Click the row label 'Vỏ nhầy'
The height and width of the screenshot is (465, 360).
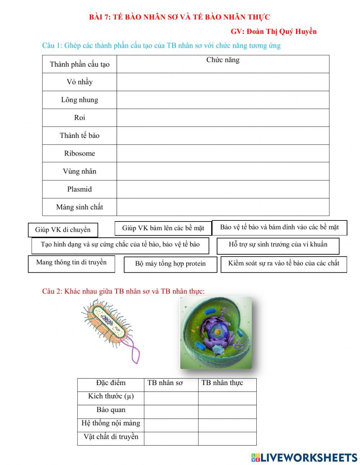[x=80, y=82]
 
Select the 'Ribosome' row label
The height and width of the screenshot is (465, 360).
[x=80, y=153]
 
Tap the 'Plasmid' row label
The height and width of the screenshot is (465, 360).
[x=80, y=189]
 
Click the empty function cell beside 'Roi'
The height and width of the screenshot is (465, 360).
[x=223, y=118]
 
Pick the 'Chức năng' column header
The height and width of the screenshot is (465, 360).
[x=223, y=60]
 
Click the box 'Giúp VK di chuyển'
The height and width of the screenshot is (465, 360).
[x=63, y=230]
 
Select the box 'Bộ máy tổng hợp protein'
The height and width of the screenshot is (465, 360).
[x=170, y=264]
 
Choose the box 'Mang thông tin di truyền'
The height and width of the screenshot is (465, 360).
[x=71, y=263]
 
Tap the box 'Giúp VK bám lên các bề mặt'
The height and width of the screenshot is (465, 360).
[x=163, y=228]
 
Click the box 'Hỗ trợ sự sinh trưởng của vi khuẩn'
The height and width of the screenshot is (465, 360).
[x=278, y=245]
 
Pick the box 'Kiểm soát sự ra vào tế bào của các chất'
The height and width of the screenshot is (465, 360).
[x=284, y=264]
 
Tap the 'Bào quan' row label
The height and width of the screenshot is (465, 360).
[x=111, y=410]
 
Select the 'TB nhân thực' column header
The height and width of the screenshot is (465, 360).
[x=222, y=383]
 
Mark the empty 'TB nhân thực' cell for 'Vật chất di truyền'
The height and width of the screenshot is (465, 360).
[x=227, y=438]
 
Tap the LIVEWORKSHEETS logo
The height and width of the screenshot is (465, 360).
[x=304, y=457]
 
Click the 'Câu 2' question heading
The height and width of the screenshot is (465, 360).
[x=123, y=291]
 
